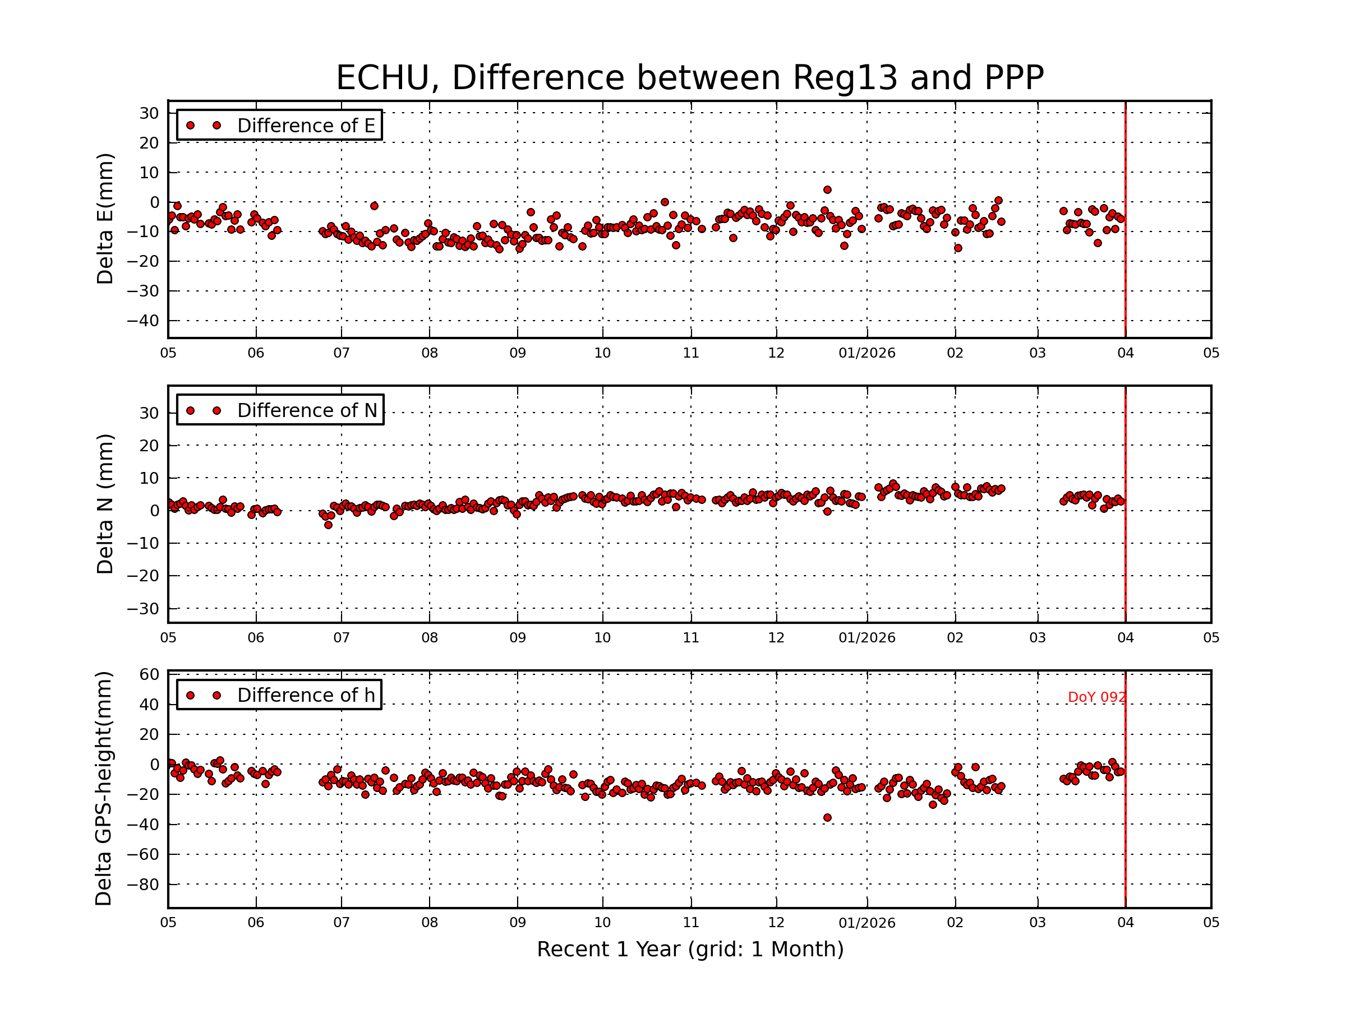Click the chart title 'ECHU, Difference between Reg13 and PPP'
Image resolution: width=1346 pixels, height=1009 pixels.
689,78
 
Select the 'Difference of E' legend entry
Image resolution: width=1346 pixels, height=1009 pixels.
279,126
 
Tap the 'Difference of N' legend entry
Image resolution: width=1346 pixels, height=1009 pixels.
280,410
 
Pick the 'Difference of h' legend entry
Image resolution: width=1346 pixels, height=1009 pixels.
279,695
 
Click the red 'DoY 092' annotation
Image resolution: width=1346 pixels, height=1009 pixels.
1096,697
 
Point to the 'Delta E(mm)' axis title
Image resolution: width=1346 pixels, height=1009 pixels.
105,219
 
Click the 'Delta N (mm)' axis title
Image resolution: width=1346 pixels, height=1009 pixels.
105,503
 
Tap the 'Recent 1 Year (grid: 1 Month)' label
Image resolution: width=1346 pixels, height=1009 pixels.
690,950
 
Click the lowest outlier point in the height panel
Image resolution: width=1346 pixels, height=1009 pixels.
828,818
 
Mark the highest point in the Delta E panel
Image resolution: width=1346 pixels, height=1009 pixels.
828,190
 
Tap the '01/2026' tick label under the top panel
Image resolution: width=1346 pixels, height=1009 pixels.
866,353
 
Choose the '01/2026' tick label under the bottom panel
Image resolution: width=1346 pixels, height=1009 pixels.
866,923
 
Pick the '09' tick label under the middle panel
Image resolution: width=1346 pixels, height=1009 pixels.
517,638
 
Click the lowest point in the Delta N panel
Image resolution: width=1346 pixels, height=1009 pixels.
329,525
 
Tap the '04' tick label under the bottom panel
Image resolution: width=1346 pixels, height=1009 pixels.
1125,923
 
